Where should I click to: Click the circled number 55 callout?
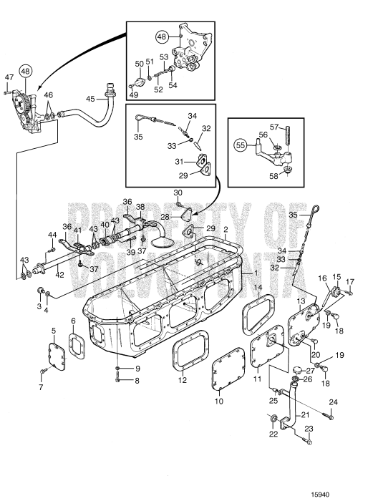[x=241, y=146]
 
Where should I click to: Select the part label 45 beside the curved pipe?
[x=90, y=99]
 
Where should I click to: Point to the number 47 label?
[x=9, y=77]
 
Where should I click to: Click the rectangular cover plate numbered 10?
[x=228, y=369]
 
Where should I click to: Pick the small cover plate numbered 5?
[x=57, y=356]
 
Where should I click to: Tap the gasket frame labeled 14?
[x=258, y=314]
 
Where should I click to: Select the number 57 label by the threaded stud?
[x=274, y=127]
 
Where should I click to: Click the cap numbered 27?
[x=297, y=371]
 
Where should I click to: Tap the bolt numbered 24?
[x=328, y=416]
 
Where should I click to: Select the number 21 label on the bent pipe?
[x=305, y=415]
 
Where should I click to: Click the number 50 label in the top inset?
[x=140, y=64]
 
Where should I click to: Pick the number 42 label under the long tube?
[x=59, y=275]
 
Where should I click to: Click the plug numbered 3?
[x=41, y=291]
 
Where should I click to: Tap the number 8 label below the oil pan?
[x=137, y=381]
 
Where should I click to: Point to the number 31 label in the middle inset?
[x=179, y=162]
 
